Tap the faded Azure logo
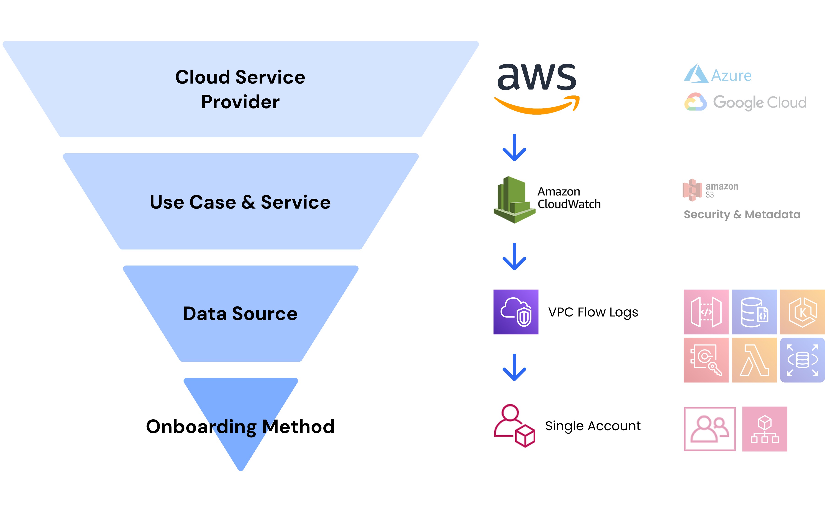pyautogui.click(x=718, y=74)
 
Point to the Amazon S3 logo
pyautogui.click(x=710, y=190)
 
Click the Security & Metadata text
pyautogui.click(x=742, y=215)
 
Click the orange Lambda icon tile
pyautogui.click(x=754, y=360)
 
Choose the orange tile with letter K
pyautogui.click(x=802, y=312)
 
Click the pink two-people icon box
pyautogui.click(x=709, y=429)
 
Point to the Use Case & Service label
pyautogui.click(x=240, y=202)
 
